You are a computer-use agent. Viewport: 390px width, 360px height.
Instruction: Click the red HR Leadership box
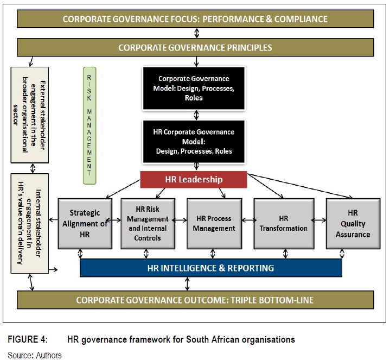point(194,179)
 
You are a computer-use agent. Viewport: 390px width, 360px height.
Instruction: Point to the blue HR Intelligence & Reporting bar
point(210,268)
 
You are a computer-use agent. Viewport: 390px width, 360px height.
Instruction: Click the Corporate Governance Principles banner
point(195,48)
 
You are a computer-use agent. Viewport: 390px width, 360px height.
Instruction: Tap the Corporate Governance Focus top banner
point(195,19)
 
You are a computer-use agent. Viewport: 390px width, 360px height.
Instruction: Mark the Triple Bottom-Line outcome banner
point(195,300)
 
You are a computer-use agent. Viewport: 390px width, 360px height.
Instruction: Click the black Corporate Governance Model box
point(194,88)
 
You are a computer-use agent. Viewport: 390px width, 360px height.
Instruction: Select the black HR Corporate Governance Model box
point(194,141)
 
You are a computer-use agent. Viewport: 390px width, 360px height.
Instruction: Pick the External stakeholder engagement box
point(29,115)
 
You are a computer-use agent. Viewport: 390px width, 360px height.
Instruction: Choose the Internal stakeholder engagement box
point(29,223)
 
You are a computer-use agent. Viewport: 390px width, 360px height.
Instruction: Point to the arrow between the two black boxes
point(194,115)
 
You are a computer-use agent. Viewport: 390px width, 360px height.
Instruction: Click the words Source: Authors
point(35,355)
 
